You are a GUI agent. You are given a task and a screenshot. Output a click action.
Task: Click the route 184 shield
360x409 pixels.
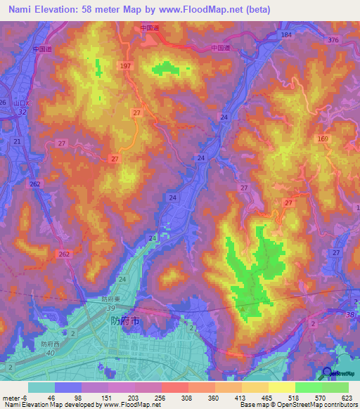tap(285, 34)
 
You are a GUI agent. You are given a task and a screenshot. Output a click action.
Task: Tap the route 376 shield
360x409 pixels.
tap(333, 41)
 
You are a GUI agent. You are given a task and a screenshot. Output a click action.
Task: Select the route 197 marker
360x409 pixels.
tap(125, 65)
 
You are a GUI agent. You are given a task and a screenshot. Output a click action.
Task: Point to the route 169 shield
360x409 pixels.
tap(323, 139)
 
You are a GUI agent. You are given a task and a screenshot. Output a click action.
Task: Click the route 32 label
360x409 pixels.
tap(22, 112)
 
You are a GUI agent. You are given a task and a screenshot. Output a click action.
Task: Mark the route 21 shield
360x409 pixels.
tap(16, 142)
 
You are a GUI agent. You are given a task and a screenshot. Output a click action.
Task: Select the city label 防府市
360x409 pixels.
tap(126, 320)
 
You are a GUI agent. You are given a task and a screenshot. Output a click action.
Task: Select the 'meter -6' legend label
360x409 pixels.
tap(12, 397)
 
